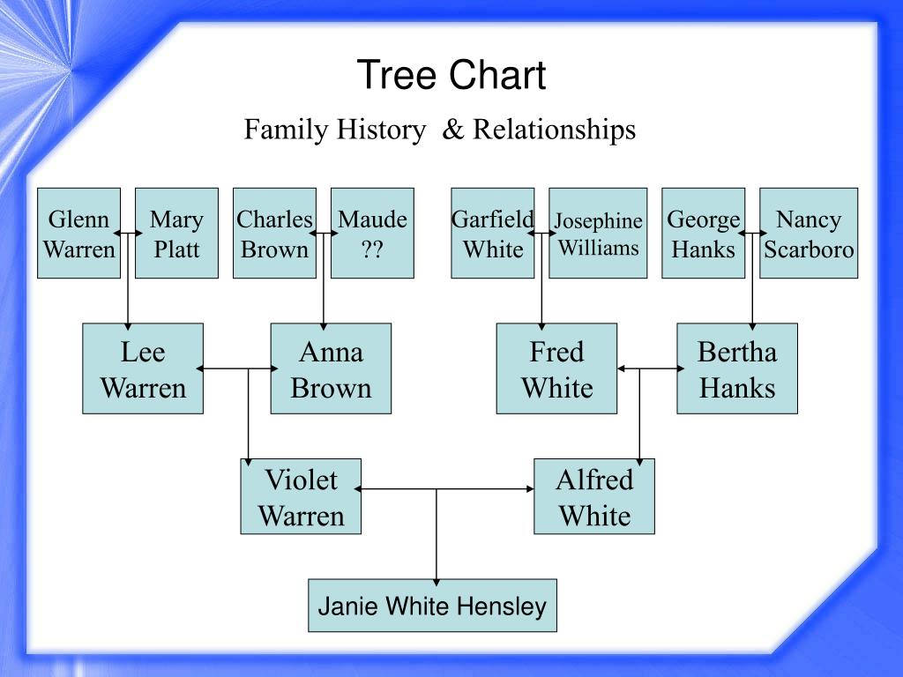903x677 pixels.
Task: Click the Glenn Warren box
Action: tap(78, 234)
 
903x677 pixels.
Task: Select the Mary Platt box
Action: tap(176, 234)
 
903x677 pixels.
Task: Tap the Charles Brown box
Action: tap(274, 234)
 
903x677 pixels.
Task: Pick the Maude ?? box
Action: tap(372, 234)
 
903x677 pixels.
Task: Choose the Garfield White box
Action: tap(492, 234)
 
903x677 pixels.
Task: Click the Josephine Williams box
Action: tap(598, 234)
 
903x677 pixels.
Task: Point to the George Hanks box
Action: tap(703, 234)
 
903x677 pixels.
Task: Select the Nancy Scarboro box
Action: tap(809, 234)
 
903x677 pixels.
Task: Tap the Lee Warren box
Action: tap(143, 368)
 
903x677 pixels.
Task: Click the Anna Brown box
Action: tap(331, 368)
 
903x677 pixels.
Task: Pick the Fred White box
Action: tap(556, 368)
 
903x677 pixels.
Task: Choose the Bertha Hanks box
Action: tap(737, 368)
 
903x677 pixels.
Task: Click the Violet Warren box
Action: tap(301, 496)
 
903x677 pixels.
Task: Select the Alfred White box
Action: tap(594, 496)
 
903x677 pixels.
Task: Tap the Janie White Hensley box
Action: tap(432, 606)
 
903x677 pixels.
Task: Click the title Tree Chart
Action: tap(451, 75)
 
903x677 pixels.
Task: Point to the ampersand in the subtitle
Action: tap(452, 130)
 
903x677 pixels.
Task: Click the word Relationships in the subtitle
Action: tap(554, 130)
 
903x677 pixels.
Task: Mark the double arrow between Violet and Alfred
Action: tap(447, 488)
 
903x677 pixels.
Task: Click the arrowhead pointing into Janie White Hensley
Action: tap(437, 581)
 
